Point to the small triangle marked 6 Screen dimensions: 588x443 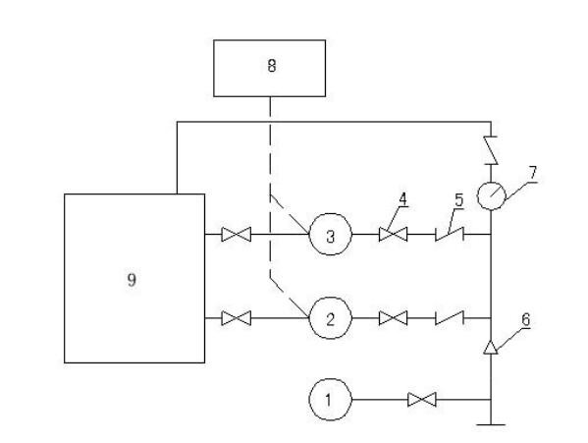(491, 348)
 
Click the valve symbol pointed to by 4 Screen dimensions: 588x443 (393, 235)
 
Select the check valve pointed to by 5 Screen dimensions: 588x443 (450, 235)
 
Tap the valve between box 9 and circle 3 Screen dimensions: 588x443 (237, 235)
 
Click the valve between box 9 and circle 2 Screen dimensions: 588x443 (237, 318)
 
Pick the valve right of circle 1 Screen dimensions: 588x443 (422, 400)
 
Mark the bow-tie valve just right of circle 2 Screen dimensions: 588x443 (393, 318)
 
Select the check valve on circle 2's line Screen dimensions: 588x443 (450, 318)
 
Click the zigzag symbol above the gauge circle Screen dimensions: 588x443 (491, 150)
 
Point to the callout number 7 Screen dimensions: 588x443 (533, 173)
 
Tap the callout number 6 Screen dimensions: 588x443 (526, 319)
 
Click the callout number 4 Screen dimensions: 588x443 (402, 198)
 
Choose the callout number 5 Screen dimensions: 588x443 (459, 200)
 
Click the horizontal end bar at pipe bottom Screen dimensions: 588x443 (491, 425)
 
